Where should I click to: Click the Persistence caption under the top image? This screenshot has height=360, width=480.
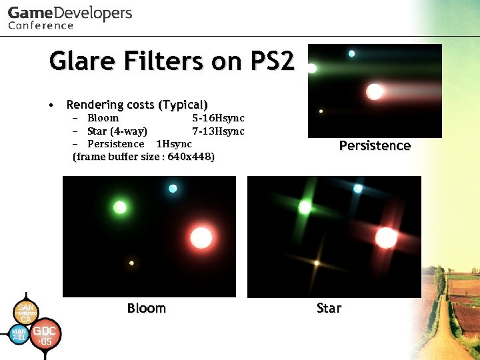375,145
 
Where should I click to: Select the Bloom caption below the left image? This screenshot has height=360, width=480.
146,308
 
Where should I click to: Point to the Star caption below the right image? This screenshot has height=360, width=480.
329,308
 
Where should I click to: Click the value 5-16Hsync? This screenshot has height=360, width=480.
218,118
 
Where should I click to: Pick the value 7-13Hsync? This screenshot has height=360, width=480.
218,131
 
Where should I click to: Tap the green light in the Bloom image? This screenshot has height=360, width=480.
120,207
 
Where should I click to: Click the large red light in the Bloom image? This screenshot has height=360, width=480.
201,237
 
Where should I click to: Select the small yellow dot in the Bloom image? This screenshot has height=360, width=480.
131,263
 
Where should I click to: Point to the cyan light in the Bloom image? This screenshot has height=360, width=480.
173,188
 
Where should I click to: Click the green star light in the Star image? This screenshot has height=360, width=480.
305,207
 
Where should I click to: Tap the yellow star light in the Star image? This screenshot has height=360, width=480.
317,263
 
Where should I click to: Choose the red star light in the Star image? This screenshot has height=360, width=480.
386,237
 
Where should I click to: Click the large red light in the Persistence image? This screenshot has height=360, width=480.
375,91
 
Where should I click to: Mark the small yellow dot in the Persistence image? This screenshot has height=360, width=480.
321,111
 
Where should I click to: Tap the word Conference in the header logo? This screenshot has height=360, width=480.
41,25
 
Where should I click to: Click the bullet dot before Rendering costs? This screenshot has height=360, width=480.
51,105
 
